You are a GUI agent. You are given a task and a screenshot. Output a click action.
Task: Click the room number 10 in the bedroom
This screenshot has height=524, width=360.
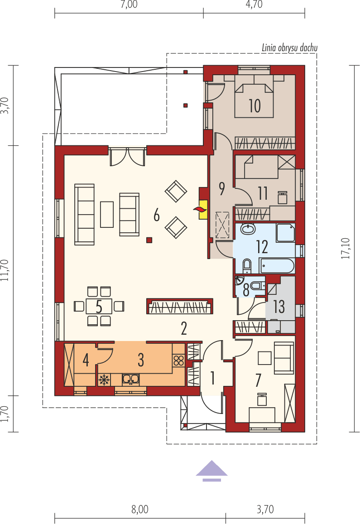pyautogui.click(x=254, y=106)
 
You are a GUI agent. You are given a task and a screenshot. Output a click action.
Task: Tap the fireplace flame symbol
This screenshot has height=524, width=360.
pyautogui.click(x=199, y=209)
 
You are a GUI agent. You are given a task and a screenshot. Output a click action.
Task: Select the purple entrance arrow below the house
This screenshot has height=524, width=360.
pyautogui.click(x=211, y=469)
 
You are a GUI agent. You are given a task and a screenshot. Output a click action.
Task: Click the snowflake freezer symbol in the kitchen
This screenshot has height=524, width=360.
pyautogui.click(x=104, y=380)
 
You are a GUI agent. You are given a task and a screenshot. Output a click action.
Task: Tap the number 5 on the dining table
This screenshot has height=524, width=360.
pyautogui.click(x=99, y=306)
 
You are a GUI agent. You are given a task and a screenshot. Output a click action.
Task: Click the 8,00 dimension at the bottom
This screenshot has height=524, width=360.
pyautogui.click(x=140, y=510)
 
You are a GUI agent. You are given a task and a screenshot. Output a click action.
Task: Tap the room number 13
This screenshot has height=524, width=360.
pyautogui.click(x=279, y=307)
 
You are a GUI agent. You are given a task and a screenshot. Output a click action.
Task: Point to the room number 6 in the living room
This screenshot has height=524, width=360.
pyautogui.click(x=156, y=215)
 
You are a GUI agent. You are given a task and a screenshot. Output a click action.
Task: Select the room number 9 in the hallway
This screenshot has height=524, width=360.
pyautogui.click(x=221, y=188)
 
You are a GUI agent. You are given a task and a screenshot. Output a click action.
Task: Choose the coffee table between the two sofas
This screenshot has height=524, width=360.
pyautogui.click(x=107, y=214)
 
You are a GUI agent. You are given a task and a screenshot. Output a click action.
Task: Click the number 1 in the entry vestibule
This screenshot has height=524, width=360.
pyautogui.click(x=211, y=377)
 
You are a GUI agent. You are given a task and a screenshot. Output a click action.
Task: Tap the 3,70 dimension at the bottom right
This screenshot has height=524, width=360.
pyautogui.click(x=265, y=510)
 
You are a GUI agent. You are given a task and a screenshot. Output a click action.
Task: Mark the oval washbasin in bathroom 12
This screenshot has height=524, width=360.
pyautogui.click(x=248, y=230)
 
